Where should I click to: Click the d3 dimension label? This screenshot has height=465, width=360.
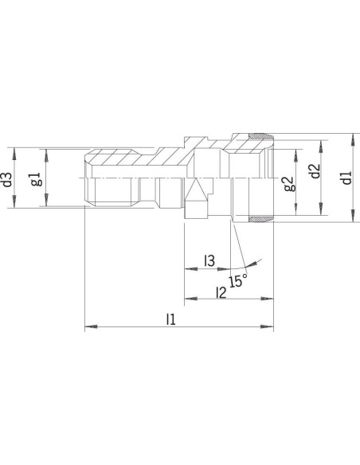8,179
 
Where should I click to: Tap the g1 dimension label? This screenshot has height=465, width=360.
37,178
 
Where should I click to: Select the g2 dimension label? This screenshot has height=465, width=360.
289,184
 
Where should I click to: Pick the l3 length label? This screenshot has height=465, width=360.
209,260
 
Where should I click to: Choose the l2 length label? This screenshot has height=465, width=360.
221,292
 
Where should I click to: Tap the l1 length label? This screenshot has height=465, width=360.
170,319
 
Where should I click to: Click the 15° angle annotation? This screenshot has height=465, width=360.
238,280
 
